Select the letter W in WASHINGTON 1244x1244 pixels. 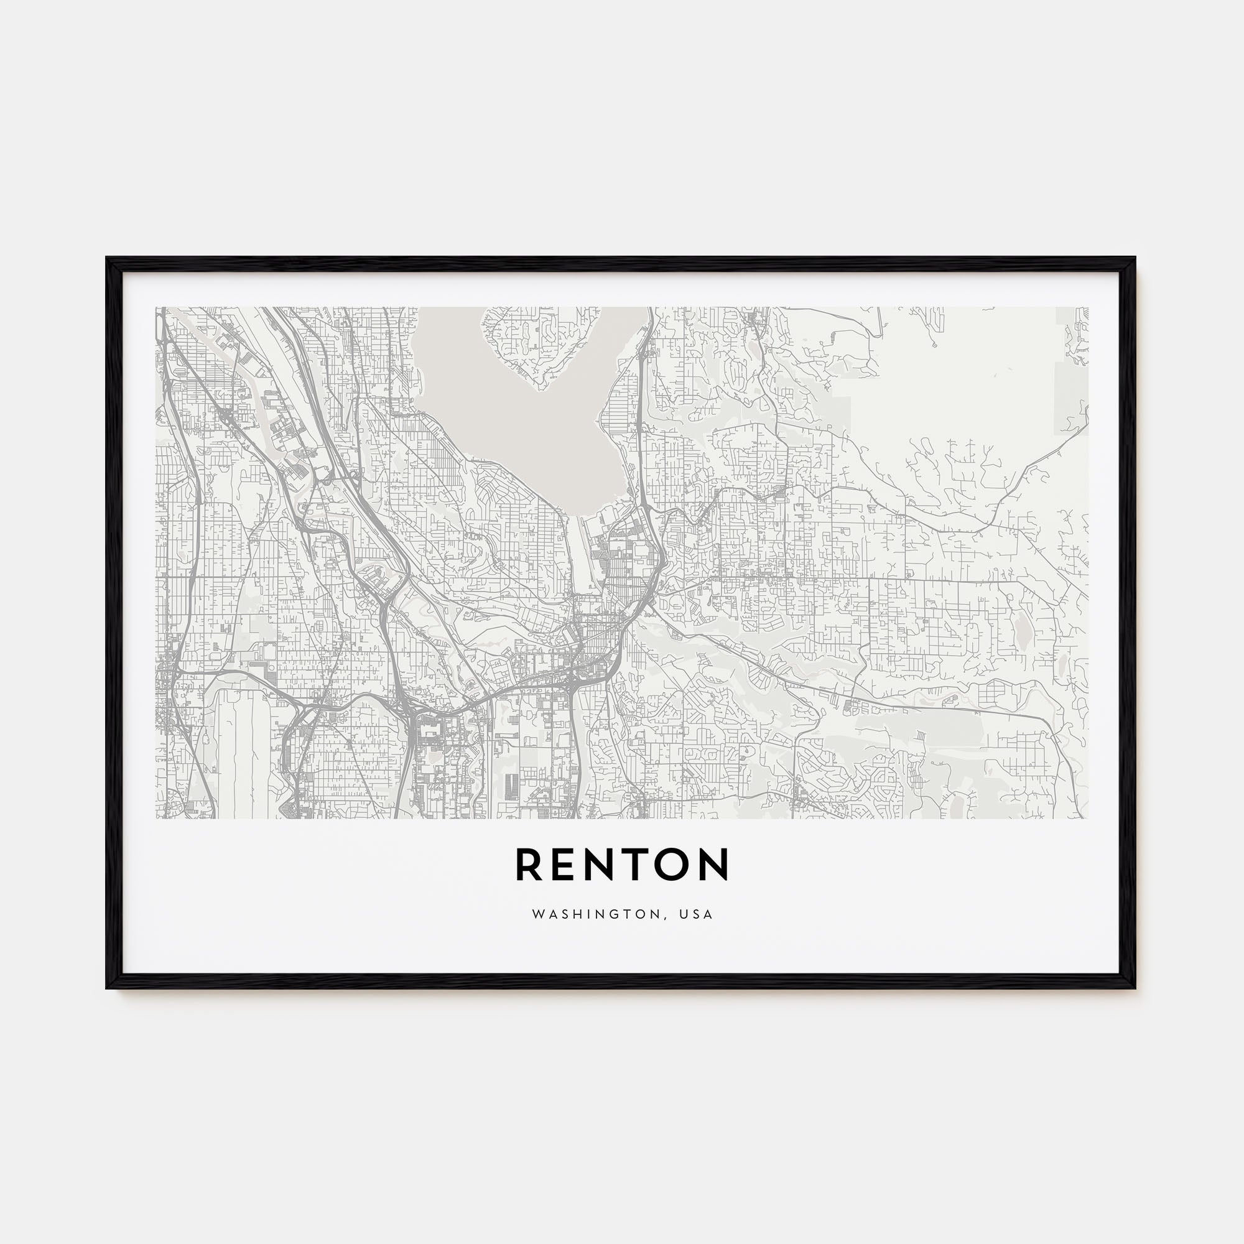[x=536, y=914]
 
